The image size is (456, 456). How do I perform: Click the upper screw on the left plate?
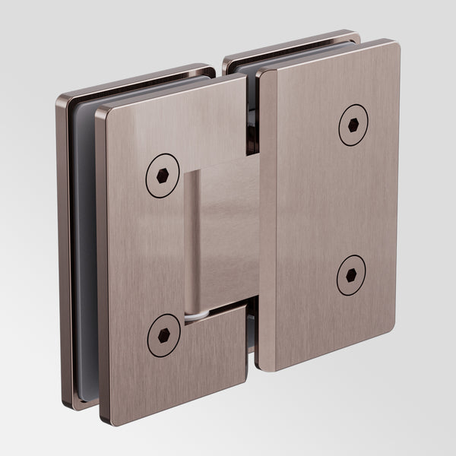pyautogui.click(x=162, y=176)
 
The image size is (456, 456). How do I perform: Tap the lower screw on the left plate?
pyautogui.click(x=163, y=335)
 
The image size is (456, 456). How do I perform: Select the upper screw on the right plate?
pyautogui.click(x=353, y=125)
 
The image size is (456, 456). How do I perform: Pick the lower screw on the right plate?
pyautogui.click(x=350, y=275)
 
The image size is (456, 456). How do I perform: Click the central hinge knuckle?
pyautogui.click(x=220, y=236)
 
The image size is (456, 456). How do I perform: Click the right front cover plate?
pyautogui.click(x=327, y=205)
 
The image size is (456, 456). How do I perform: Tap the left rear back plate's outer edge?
pyautogui.click(x=62, y=251)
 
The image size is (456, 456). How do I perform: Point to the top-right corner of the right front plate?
pyautogui.click(x=396, y=45)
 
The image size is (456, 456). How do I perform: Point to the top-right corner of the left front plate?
pyautogui.click(x=242, y=78)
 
